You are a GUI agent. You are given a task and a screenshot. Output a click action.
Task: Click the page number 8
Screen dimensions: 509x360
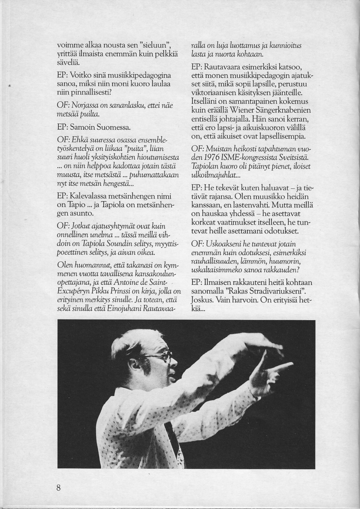tap(58, 488)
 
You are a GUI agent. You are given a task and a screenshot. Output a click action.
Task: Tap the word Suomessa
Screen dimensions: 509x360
tap(111, 128)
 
